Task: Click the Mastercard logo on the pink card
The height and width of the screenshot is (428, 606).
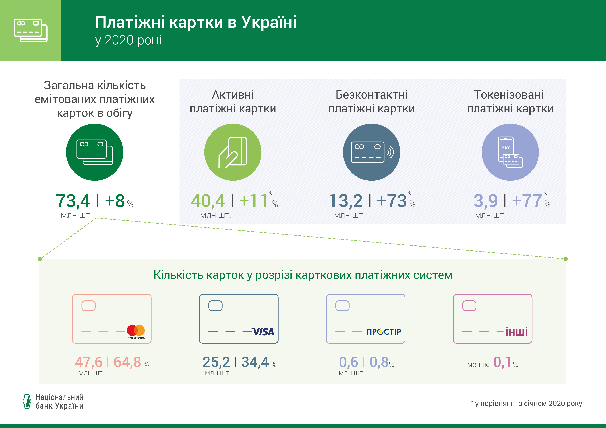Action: [136, 332]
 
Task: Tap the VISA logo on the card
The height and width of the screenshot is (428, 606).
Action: [263, 332]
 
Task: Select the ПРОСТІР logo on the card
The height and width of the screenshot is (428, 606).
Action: [384, 332]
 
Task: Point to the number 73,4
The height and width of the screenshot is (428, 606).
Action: [73, 201]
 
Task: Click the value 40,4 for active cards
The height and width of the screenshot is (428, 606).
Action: [208, 201]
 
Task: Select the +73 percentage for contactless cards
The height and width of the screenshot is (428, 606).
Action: [392, 201]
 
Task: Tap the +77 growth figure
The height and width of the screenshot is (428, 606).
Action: [527, 201]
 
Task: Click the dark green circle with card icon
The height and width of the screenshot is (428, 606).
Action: [94, 152]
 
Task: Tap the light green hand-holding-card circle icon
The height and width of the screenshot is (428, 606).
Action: [233, 152]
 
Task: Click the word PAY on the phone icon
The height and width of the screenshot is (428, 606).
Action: [506, 148]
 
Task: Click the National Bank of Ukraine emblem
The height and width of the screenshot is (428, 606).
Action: [27, 401]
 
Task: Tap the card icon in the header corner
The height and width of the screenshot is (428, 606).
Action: [31, 30]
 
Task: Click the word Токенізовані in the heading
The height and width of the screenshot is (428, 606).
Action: [509, 95]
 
